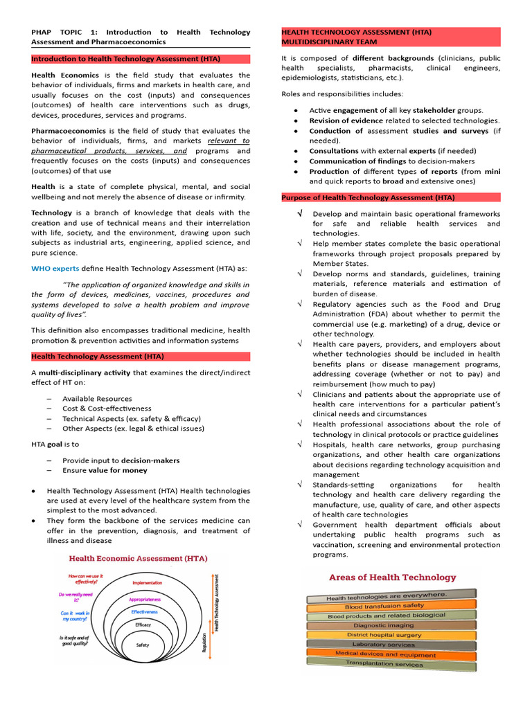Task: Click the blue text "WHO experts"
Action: tap(55, 269)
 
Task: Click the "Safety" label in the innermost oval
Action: tap(143, 645)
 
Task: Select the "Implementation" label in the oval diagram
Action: tap(146, 583)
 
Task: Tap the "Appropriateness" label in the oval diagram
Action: tap(145, 599)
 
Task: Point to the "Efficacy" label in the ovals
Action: tap(143, 625)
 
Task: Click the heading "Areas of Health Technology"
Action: tap(392, 577)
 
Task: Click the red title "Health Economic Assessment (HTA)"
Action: tap(136, 558)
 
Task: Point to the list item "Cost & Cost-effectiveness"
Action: tap(107, 409)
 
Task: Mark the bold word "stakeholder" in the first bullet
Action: tap(413, 110)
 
